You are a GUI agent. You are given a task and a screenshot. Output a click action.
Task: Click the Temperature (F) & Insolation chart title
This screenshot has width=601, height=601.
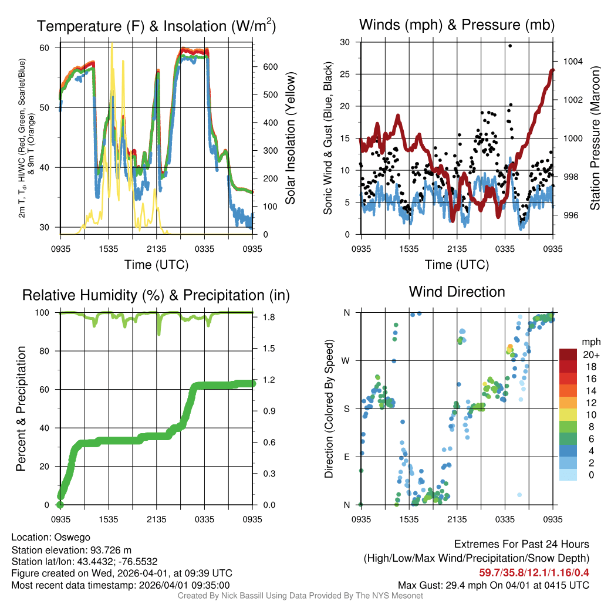(x=156, y=26)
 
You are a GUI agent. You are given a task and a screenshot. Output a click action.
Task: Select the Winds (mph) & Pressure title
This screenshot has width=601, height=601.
(x=457, y=25)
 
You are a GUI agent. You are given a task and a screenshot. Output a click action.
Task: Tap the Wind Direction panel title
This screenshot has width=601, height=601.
(x=457, y=292)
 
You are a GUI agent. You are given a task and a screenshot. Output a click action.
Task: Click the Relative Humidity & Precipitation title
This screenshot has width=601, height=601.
(x=156, y=295)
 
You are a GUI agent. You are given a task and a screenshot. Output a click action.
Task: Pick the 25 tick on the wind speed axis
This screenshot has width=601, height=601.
(x=346, y=75)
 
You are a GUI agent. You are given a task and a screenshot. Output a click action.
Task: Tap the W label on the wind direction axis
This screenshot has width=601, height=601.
(x=347, y=360)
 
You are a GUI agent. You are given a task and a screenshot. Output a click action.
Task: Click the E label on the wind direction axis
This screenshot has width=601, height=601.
(x=347, y=457)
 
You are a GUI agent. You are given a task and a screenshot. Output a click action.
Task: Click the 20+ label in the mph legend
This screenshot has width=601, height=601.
(x=589, y=355)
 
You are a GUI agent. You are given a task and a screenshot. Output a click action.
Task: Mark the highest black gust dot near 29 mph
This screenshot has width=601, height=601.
(x=510, y=46)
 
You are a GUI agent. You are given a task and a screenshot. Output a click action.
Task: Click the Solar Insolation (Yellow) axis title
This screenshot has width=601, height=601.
(x=290, y=139)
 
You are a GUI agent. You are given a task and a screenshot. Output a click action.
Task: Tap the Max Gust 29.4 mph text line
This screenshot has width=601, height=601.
(x=494, y=585)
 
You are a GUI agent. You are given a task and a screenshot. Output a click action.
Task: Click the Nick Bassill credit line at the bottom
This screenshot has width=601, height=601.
(x=300, y=596)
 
